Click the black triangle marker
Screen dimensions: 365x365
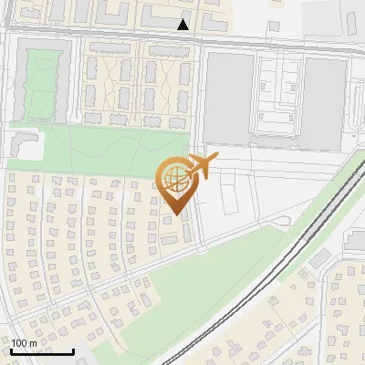click(x=183, y=25)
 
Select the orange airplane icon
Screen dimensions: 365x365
click(x=200, y=167)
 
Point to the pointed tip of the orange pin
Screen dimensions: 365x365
click(x=175, y=214)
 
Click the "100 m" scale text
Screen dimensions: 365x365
click(x=24, y=342)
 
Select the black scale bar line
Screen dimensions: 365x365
click(x=42, y=351)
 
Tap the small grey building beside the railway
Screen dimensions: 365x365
click(x=318, y=260)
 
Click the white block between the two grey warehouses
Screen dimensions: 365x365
click(x=279, y=99)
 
